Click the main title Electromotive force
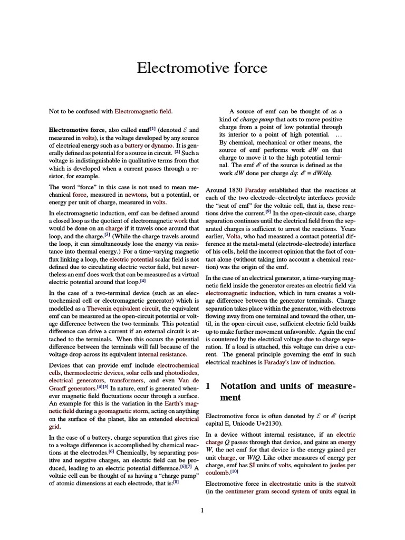point(202,68)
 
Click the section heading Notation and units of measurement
point(281,391)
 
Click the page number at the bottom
point(202,510)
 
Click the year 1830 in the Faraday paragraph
point(234,189)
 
